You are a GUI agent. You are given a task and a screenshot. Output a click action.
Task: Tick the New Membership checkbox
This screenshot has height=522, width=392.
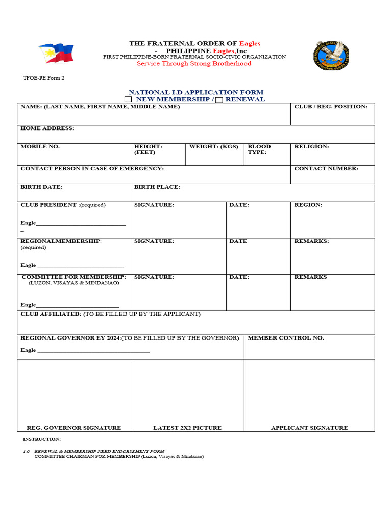pos(128,100)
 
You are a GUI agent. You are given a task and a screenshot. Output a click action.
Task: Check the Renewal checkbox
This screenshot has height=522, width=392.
pos(219,100)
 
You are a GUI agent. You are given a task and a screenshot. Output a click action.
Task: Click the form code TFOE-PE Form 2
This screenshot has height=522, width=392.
pos(43,78)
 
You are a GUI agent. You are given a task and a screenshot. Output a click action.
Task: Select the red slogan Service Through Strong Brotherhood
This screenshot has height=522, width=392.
pos(194,64)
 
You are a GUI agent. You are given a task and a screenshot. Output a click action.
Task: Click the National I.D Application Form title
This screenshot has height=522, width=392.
pos(196,92)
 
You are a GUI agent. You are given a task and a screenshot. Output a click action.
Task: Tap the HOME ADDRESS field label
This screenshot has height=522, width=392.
pos(47,128)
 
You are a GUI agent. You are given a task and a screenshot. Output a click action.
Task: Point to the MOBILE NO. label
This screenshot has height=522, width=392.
pos(40,147)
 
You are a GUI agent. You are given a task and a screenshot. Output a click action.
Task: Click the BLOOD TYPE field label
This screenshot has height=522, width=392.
pos(259,149)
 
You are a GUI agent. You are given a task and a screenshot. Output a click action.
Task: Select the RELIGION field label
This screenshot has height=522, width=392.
pos(311,147)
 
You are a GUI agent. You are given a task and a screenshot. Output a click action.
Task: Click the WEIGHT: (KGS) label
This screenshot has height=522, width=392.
pos(213,147)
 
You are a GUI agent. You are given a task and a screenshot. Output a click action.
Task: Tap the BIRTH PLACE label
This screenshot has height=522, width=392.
pos(157,187)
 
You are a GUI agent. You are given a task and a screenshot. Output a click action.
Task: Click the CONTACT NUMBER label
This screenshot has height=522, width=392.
pos(326,169)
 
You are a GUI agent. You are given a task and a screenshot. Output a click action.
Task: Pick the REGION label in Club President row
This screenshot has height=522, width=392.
pos(308,205)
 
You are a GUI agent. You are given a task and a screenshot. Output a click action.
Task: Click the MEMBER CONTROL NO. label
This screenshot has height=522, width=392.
pos(285,338)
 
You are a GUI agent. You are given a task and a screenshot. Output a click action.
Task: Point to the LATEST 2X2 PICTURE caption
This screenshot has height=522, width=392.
pos(187,428)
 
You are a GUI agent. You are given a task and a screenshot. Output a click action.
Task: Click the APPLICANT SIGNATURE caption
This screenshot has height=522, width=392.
pos(309,428)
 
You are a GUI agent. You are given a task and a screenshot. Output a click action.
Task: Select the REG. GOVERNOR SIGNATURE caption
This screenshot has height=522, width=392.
pos(73,428)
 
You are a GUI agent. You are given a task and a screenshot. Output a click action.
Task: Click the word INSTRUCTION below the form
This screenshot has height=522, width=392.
pos(41,439)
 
